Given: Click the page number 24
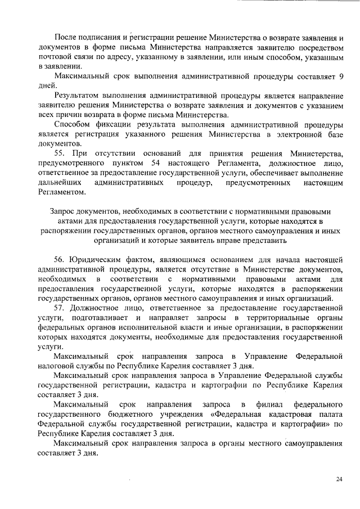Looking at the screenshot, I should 339,479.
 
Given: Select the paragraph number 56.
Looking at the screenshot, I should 60,259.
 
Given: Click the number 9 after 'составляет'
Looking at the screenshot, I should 340,75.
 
